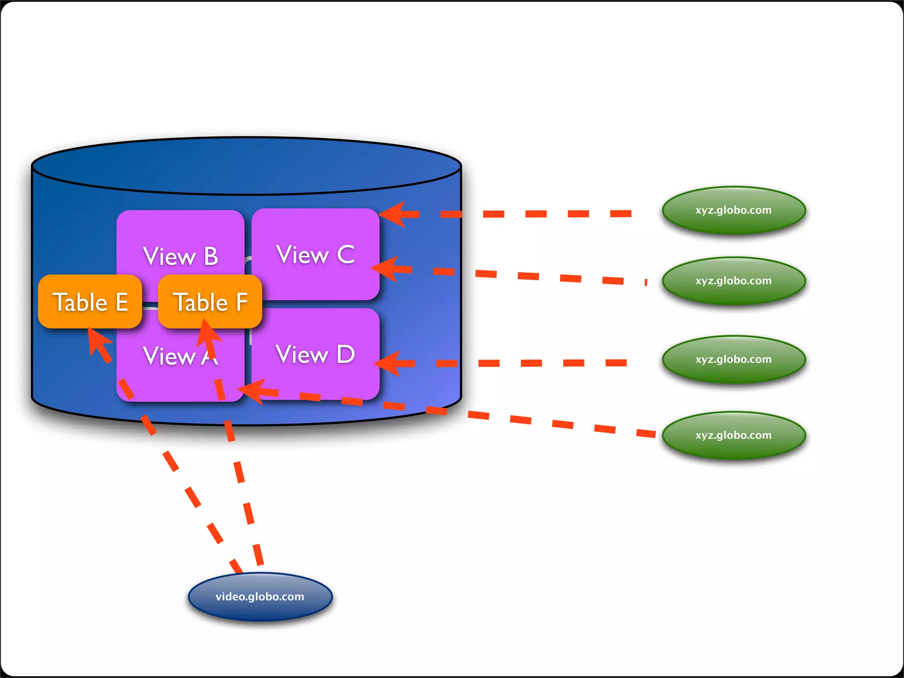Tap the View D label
pyautogui.click(x=315, y=354)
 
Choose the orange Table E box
pyautogui.click(x=90, y=302)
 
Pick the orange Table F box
pyautogui.click(x=210, y=302)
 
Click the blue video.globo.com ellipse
pyautogui.click(x=260, y=596)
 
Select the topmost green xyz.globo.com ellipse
pyautogui.click(x=734, y=210)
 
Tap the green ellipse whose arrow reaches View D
pyautogui.click(x=734, y=359)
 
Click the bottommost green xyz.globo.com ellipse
pyautogui.click(x=734, y=435)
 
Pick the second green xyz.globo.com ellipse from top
pyautogui.click(x=734, y=281)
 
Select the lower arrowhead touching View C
pyautogui.click(x=386, y=268)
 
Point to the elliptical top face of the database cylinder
pyautogui.click(x=246, y=166)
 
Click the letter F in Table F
pyautogui.click(x=241, y=302)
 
